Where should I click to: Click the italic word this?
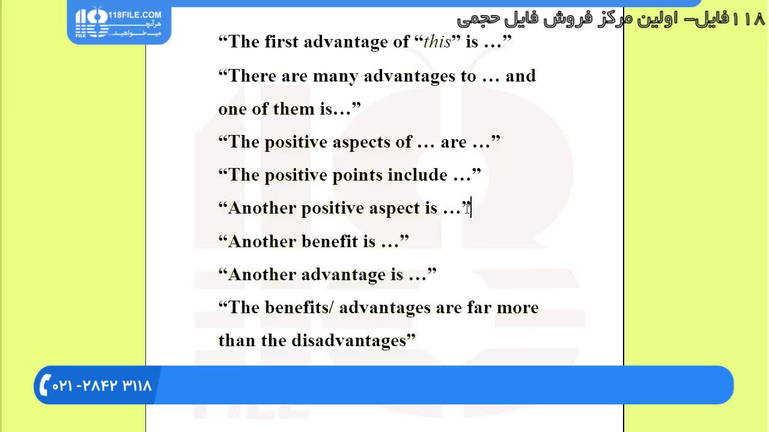(x=437, y=42)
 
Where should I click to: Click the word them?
(x=294, y=109)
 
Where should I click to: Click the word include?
(x=418, y=175)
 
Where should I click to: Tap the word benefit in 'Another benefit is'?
(x=329, y=241)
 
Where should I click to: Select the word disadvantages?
(x=349, y=340)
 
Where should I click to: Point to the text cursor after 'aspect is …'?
(x=471, y=208)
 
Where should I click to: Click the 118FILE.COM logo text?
(x=135, y=15)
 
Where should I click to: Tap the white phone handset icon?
(x=45, y=385)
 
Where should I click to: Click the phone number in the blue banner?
(x=102, y=386)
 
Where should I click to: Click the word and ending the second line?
(x=520, y=76)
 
